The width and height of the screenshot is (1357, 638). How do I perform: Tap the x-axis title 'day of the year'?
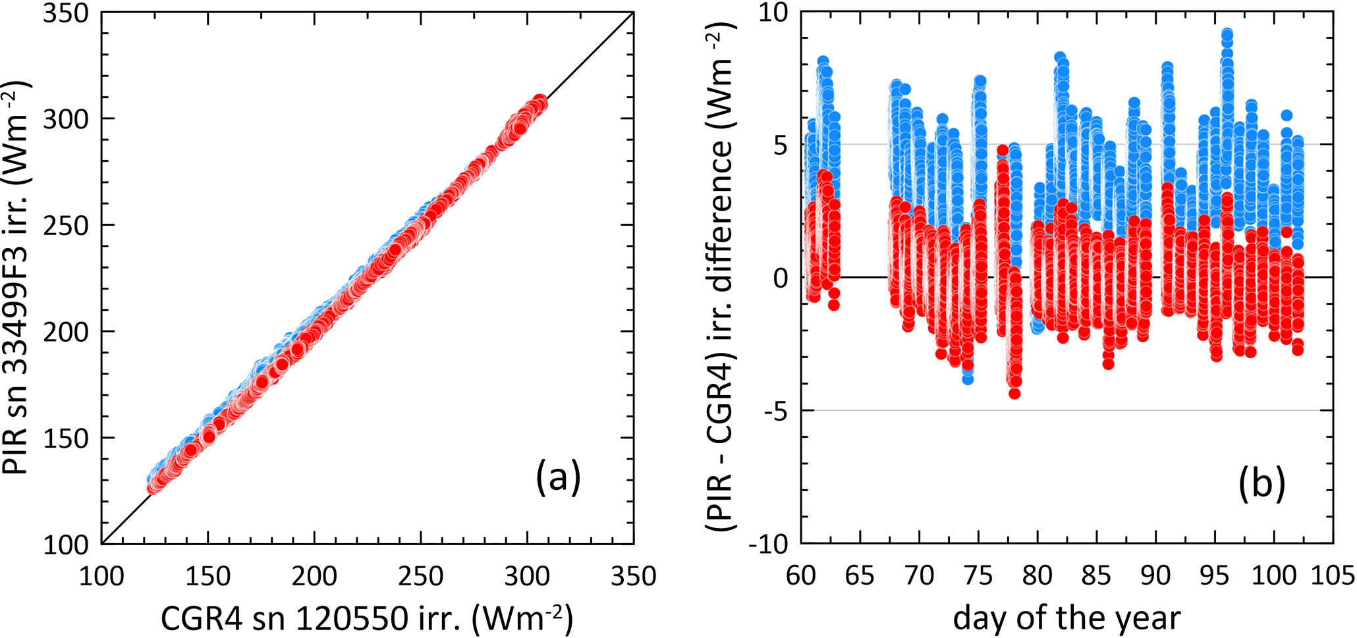click(x=1066, y=618)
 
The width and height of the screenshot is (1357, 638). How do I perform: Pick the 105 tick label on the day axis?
click(x=1333, y=576)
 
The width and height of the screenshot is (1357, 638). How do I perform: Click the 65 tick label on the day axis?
click(x=860, y=576)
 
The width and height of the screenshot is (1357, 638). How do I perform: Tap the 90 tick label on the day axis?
click(x=1155, y=576)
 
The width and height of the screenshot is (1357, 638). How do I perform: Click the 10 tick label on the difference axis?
click(x=773, y=13)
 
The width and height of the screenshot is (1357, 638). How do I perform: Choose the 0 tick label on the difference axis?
click(x=781, y=279)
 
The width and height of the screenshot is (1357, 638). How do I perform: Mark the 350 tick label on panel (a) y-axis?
click(x=66, y=13)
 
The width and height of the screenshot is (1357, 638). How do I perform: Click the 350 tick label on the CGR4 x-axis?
click(x=633, y=576)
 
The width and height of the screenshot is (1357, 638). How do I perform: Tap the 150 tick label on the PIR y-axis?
click(x=66, y=438)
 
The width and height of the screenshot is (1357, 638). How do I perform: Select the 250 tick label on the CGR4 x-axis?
click(x=420, y=576)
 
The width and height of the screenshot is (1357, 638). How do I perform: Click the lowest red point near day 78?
click(x=1014, y=394)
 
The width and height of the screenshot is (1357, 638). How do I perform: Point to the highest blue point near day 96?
click(x=1227, y=34)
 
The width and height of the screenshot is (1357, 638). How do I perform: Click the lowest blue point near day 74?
click(x=967, y=379)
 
